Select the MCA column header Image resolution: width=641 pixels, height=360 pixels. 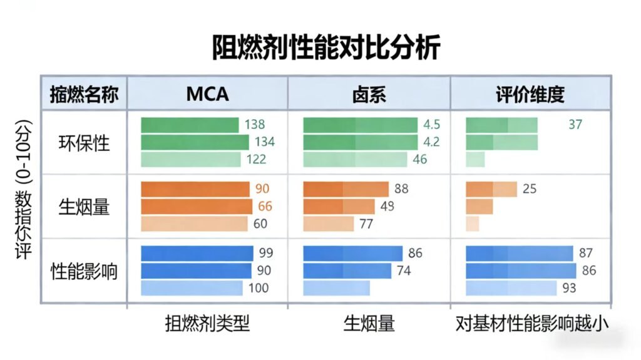207,94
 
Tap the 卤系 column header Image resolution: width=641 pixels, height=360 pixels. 369,94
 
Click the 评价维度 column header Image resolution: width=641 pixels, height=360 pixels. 530,94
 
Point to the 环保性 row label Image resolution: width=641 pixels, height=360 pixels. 84,142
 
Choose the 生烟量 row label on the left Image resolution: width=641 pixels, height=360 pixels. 84,207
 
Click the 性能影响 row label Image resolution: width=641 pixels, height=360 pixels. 84,271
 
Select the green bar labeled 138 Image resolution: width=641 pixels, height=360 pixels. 190,125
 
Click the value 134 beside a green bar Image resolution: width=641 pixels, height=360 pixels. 264,142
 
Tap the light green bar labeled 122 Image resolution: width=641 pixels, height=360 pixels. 190,160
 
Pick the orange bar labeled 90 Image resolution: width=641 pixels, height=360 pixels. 195,189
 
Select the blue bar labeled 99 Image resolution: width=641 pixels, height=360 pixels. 197,253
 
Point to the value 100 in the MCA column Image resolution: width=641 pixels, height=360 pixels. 258,288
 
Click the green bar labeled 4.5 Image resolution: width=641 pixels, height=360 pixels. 360,125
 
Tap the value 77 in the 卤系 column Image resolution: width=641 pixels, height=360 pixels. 366,224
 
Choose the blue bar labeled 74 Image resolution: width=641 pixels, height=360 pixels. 347,270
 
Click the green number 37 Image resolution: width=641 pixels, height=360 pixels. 575,125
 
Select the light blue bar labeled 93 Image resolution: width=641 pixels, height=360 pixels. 511,288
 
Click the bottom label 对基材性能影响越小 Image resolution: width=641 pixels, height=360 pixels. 532,324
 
